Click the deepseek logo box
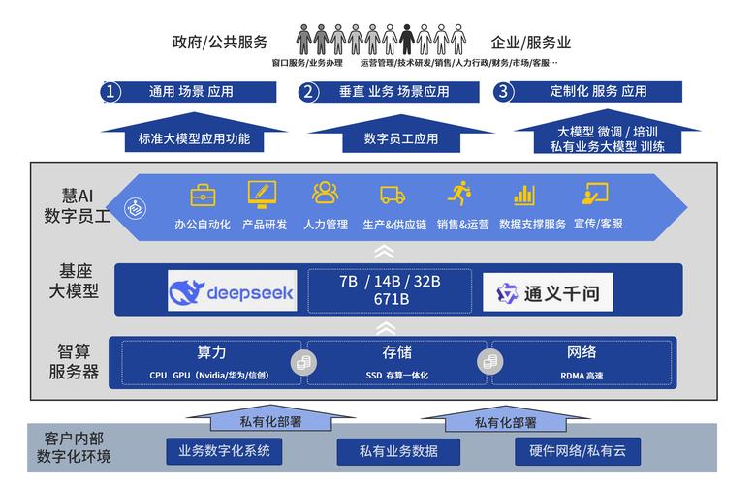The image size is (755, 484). [232, 292]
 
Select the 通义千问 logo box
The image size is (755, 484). [548, 292]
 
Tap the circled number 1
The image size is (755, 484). [112, 92]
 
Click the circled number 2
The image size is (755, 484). [309, 92]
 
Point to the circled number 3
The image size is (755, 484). [503, 92]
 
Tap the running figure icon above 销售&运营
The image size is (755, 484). [459, 193]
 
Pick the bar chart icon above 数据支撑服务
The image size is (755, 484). [524, 194]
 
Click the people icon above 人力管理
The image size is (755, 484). [325, 193]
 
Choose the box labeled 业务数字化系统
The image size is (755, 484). [224, 450]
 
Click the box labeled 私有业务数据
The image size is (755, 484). [398, 451]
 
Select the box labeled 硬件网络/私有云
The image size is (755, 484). [579, 450]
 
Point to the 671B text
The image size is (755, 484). [391, 299]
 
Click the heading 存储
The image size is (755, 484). [396, 351]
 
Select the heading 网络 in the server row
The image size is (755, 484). [581, 351]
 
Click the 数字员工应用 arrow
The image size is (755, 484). [400, 136]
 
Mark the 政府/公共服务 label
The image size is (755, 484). [220, 43]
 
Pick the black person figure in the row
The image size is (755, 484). [408, 40]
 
